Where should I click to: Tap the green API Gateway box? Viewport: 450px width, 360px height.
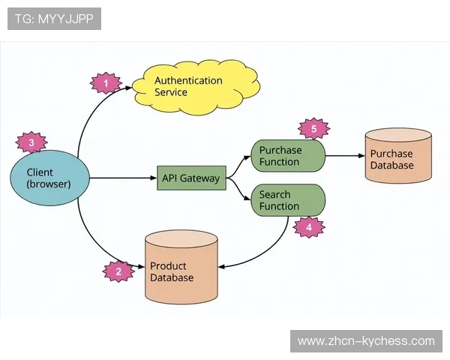click(191, 178)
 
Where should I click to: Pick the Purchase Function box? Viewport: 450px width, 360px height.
click(287, 156)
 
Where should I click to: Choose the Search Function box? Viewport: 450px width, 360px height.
click(287, 200)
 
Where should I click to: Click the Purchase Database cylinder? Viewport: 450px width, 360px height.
click(397, 156)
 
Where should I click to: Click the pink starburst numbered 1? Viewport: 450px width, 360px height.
click(106, 82)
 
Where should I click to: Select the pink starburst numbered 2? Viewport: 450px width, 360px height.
click(118, 271)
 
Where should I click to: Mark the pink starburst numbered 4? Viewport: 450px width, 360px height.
click(309, 226)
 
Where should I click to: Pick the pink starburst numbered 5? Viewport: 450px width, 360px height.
click(314, 129)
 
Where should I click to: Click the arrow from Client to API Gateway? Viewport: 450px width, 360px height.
click(120, 178)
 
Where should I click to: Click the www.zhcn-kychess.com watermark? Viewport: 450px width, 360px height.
click(366, 341)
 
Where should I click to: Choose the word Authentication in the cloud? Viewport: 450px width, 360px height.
click(188, 80)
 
